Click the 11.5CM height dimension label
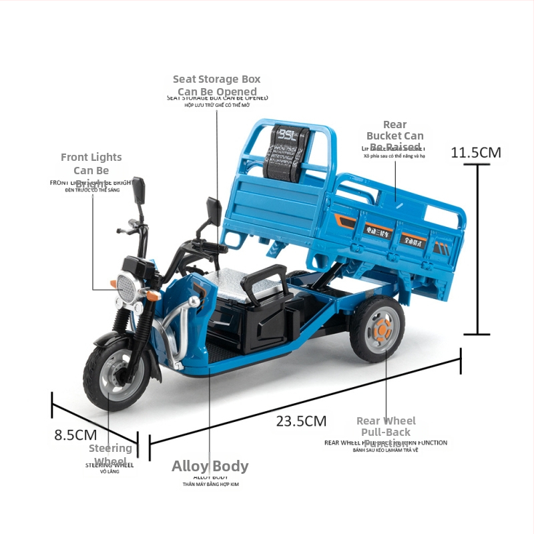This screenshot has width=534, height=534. [x=475, y=152]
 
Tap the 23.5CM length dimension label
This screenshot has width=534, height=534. [x=301, y=421]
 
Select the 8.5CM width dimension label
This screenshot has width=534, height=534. [x=75, y=435]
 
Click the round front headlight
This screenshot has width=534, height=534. [x=128, y=286]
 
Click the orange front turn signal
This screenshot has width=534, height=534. [x=154, y=294]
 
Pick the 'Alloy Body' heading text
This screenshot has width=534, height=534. [x=210, y=466]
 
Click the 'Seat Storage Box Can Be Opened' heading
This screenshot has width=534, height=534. [x=217, y=85]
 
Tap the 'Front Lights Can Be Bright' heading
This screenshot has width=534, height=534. [x=91, y=170]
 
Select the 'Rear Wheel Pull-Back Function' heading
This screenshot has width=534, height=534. [x=386, y=432]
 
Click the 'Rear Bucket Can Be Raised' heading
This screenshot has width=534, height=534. [x=395, y=136]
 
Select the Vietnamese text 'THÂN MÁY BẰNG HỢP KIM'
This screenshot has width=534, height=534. [x=210, y=485]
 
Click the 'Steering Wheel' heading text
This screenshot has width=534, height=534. [x=110, y=455]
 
